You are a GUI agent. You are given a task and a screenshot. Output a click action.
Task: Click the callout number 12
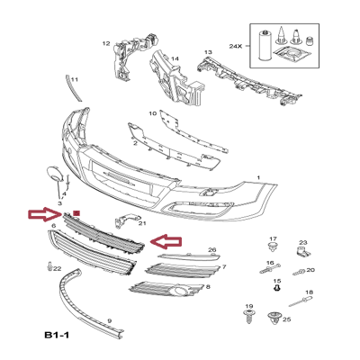[x=105, y=43]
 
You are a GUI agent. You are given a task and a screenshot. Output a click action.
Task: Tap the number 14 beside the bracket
[x=175, y=60]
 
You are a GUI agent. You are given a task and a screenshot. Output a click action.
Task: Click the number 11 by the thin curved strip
[x=74, y=80]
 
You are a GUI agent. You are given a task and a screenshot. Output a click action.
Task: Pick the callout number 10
[x=152, y=114]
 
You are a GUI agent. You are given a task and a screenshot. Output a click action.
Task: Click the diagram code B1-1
[x=58, y=337]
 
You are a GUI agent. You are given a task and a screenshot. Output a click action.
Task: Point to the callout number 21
[x=141, y=247]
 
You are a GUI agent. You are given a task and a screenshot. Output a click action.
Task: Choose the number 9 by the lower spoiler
[x=109, y=321]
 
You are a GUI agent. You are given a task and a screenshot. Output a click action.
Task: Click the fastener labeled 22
[x=46, y=266]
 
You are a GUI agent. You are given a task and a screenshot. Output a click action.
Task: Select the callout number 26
[x=212, y=249]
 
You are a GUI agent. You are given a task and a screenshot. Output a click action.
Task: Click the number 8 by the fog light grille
[x=208, y=286]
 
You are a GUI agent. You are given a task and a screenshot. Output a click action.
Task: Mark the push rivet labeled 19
[x=249, y=317]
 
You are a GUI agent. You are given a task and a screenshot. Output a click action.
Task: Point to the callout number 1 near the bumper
[x=259, y=178]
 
